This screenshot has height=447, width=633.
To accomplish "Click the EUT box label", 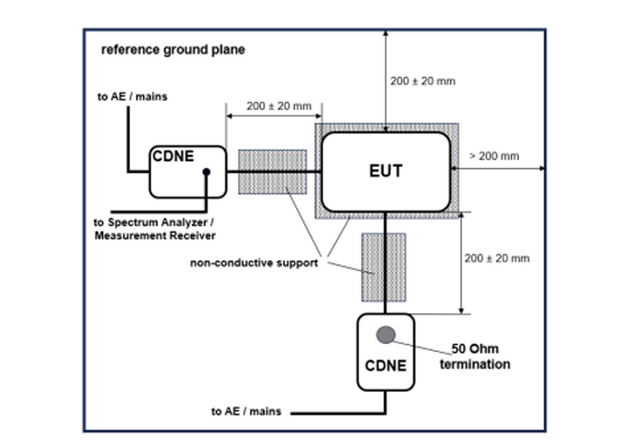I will click(x=386, y=171).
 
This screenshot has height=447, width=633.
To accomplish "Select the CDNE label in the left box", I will click(x=173, y=156).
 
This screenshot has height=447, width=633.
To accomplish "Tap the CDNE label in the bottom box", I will click(x=386, y=366).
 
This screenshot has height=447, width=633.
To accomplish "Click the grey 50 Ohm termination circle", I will click(x=386, y=335).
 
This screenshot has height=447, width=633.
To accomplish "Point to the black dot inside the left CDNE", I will click(x=206, y=172).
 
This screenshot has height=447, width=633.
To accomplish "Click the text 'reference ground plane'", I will click(x=173, y=50).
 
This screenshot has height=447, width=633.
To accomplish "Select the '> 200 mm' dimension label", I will click(x=494, y=156).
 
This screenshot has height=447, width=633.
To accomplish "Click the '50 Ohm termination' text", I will click(x=475, y=356).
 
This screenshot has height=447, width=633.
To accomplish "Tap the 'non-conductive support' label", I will click(x=254, y=263).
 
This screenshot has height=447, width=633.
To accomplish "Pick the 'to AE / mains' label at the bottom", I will click(x=246, y=411).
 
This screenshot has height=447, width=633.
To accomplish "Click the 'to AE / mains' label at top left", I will click(x=132, y=97).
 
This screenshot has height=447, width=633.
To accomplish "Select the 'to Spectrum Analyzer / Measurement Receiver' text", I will click(x=154, y=229).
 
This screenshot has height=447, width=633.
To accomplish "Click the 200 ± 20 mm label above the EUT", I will click(x=422, y=81).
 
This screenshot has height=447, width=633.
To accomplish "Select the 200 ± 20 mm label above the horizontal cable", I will click(x=279, y=106).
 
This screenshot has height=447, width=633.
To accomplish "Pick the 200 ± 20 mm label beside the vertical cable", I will click(x=497, y=259).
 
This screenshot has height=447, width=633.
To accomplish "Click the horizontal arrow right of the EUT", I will click(x=498, y=169).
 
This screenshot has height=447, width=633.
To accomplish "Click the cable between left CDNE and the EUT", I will click(x=274, y=172).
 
